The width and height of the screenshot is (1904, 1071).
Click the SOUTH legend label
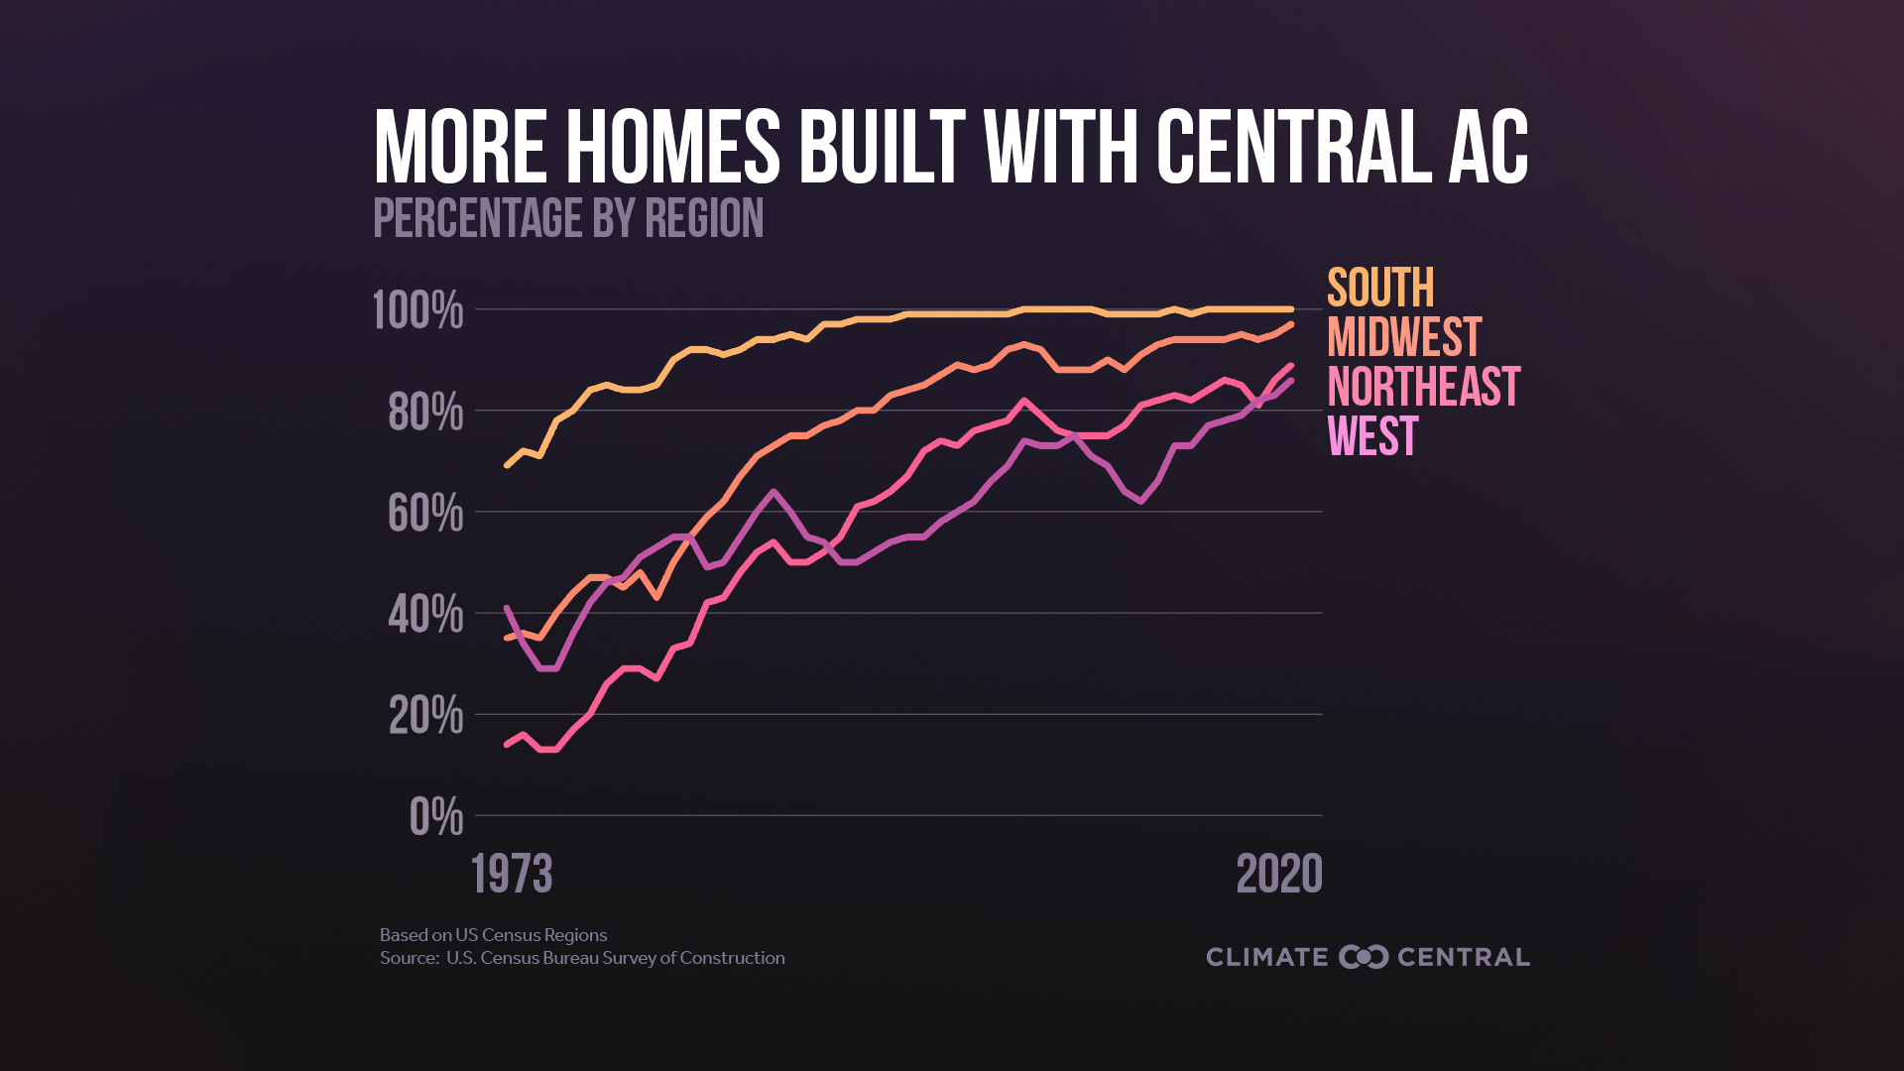[x=1380, y=289]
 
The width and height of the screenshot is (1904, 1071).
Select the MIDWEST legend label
[x=1404, y=338]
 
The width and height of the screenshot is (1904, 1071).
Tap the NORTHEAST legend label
[x=1423, y=387]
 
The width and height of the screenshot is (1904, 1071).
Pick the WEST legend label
[x=1372, y=436]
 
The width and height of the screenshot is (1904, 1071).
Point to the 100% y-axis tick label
[x=417, y=311]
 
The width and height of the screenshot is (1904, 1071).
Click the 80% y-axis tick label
[x=425, y=413]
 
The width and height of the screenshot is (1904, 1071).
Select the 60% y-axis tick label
[x=425, y=514]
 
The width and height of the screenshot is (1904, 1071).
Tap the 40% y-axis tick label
[x=425, y=615]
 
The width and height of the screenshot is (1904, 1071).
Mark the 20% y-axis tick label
[x=425, y=716]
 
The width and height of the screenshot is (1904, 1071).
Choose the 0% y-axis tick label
[x=436, y=817]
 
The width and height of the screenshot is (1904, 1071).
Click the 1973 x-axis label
[x=512, y=875]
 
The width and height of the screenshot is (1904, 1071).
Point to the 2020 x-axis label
[x=1279, y=875]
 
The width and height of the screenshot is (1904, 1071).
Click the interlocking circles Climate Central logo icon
[x=1364, y=957]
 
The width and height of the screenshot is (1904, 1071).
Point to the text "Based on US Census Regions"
[x=493, y=935]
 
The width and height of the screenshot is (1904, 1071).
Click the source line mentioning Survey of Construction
[x=582, y=958]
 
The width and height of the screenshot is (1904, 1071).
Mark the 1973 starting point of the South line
[x=507, y=465]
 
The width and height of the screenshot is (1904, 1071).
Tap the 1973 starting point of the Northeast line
[x=507, y=744]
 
